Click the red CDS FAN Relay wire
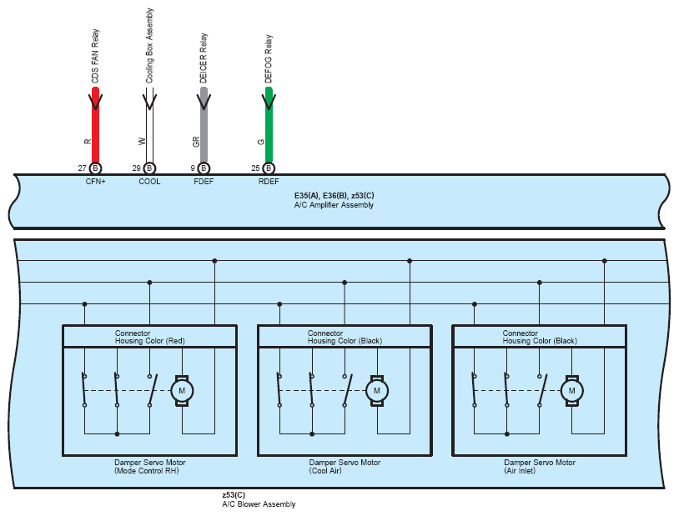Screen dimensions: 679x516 pos(95,125)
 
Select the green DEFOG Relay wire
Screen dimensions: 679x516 pos(269,125)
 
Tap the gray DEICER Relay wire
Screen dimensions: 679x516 pos(204,125)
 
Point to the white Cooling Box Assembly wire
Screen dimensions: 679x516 pos(149,125)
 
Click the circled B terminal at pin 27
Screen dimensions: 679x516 pos(95,168)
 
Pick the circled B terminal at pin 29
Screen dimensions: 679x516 pos(149,168)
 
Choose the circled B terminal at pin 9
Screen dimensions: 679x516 pos(204,168)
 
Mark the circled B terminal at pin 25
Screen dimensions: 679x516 pos(269,168)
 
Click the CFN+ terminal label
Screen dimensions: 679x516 pos(95,182)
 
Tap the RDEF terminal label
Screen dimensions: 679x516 pos(269,182)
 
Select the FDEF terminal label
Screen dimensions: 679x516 pos(204,182)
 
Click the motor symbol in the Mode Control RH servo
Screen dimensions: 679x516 pos(182,391)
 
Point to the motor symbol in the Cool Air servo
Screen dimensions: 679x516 pos(377,391)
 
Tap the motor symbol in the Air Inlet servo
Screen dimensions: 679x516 pos(571,391)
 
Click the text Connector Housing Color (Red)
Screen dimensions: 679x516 pos(150,337)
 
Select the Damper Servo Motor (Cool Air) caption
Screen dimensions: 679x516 pos(345,466)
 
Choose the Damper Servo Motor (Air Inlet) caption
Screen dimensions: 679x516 pos(540,466)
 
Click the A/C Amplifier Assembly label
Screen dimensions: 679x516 pos(334,205)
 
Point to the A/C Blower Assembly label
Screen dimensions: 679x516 pos(259,503)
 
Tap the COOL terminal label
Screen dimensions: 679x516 pos(149,182)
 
